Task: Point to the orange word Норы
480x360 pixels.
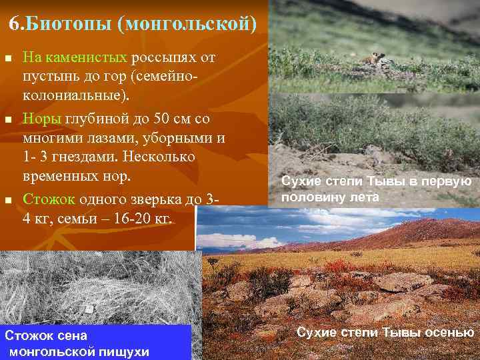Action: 41,119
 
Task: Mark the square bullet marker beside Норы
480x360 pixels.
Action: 9,119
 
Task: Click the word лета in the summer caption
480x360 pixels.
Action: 366,197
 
